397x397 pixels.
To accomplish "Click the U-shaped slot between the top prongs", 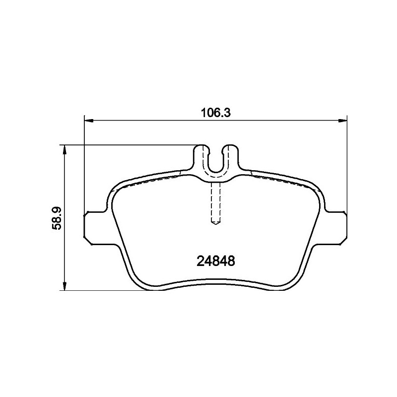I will pos(216,161).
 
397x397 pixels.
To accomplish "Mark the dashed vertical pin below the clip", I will pos(216,201).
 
